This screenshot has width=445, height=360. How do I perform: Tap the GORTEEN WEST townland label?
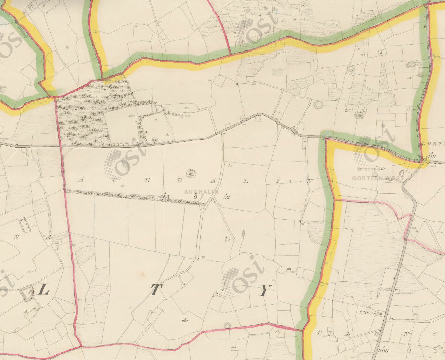pyautogui.click(x=376, y=178)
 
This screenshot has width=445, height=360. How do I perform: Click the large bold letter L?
pyautogui.click(x=44, y=290)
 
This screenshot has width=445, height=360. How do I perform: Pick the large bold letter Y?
pyautogui.click(x=265, y=290)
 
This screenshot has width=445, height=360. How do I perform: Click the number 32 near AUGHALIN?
pyautogui.click(x=227, y=197)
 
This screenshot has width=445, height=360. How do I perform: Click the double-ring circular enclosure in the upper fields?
pyautogui.click(x=318, y=105)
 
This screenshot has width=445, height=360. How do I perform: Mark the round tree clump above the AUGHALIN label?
pyautogui.click(x=191, y=173)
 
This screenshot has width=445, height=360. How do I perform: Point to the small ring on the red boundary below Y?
pyautogui.click(x=228, y=325)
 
